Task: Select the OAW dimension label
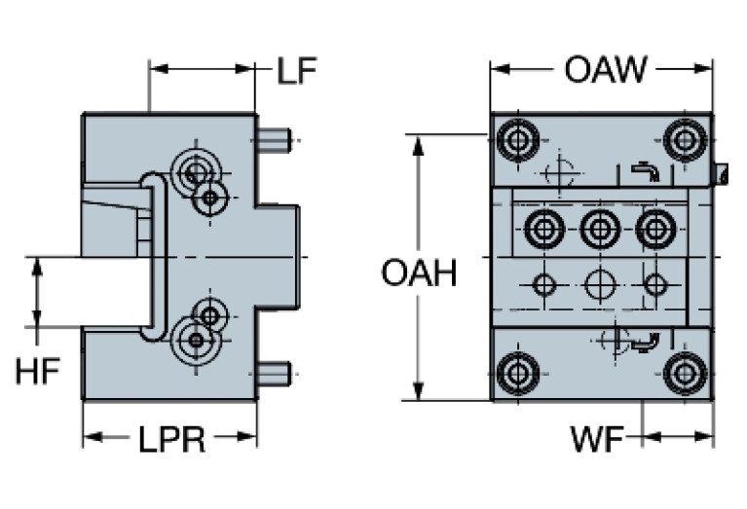pos(604,70)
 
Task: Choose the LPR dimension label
pos(170,440)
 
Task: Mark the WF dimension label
pos(597,440)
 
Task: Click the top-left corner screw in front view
pos(516,141)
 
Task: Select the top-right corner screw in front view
pos(686,141)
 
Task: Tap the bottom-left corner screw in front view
pos(516,373)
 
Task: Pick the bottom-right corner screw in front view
pos(686,373)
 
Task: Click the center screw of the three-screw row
pos(600,231)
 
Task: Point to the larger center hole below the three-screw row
pos(600,285)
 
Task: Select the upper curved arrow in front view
pos(645,171)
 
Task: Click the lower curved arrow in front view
pos(645,342)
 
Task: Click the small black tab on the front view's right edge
pos(723,174)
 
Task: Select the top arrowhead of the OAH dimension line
pos(419,142)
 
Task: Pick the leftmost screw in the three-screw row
pos(543,231)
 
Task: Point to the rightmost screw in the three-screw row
pos(655,231)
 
